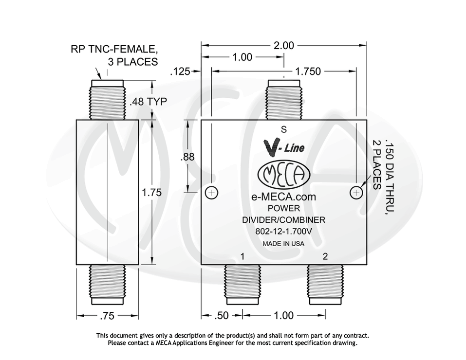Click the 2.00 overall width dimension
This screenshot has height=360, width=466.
pos(284,46)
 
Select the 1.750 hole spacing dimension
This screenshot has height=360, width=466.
pos(308,72)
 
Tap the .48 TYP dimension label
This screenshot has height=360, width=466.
pos(148,102)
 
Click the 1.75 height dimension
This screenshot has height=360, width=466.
pos(151,193)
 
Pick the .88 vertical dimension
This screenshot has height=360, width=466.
pos(187,157)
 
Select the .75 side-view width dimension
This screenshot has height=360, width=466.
pos(107,316)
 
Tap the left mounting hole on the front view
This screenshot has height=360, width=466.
pos(211,193)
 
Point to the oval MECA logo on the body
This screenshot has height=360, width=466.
pos(283,175)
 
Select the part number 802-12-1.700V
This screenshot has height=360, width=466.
pos(283,232)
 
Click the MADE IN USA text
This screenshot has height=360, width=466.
pos(283,244)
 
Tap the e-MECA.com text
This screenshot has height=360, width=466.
pos(283,197)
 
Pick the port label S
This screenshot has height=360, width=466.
pos(284,129)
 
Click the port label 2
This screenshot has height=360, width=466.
pos(325,256)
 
